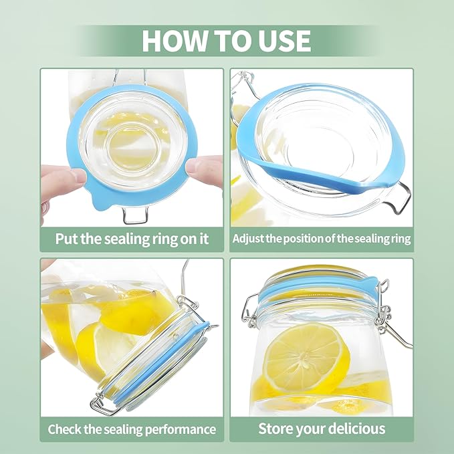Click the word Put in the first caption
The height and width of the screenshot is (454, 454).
(66, 239)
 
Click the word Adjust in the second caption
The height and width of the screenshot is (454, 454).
(248, 239)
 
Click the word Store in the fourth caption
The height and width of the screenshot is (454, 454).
(275, 428)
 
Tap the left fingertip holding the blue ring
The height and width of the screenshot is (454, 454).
(76, 176)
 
